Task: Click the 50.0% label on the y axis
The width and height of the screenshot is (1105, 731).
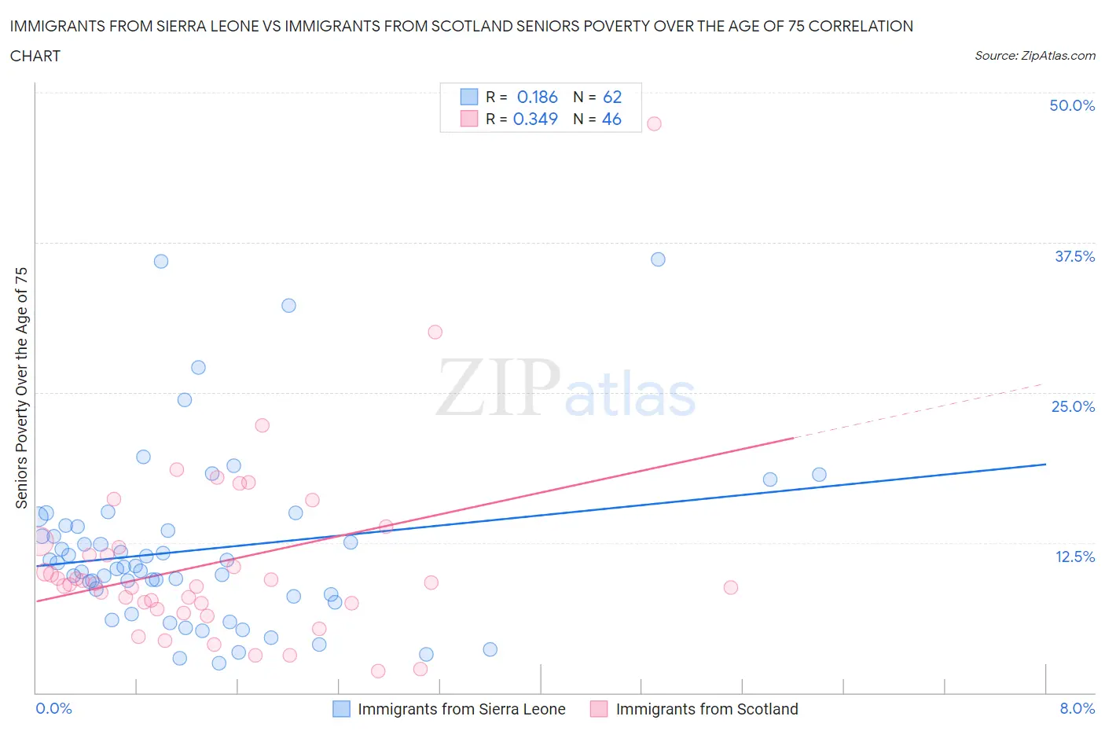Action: point(1072,106)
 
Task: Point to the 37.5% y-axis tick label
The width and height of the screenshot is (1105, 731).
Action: point(1074,257)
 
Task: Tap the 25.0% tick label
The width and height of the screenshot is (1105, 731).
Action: point(1073,407)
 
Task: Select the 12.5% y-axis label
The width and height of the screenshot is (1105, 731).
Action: point(1074,557)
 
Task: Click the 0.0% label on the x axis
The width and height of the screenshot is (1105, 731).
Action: point(53,709)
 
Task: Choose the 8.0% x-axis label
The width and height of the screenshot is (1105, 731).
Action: point(1077,709)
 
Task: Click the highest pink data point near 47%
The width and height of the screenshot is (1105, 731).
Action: point(654,123)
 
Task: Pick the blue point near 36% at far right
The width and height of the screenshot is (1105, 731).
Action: point(659,259)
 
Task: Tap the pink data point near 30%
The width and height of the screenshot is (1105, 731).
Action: point(435,332)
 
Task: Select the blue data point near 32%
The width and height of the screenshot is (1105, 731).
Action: point(288,306)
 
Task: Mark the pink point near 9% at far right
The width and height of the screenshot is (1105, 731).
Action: point(731,587)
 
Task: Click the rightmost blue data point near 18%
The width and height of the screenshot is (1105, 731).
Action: point(819,474)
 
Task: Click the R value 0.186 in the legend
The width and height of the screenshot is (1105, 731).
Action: point(537,97)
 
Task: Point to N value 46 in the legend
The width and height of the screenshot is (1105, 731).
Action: point(611,119)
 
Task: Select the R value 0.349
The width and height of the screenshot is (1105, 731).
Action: point(535,119)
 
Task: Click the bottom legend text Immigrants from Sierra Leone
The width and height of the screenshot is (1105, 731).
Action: point(461,709)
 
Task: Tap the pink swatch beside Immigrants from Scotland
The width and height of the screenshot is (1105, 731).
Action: point(599,709)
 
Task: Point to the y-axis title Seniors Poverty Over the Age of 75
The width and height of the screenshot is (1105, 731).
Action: point(21,388)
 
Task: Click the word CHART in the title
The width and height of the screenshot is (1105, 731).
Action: point(35,56)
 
